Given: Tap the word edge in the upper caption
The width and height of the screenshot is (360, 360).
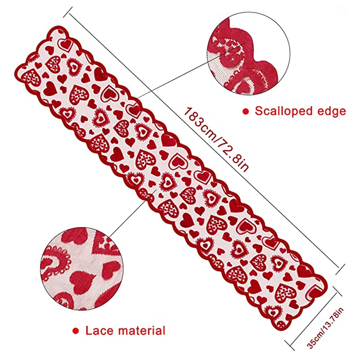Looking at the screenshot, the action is tap(331, 111).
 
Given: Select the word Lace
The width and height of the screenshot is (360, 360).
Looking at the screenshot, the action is tap(98, 331).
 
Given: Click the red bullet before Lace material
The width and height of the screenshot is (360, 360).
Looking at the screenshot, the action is tap(77, 331).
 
